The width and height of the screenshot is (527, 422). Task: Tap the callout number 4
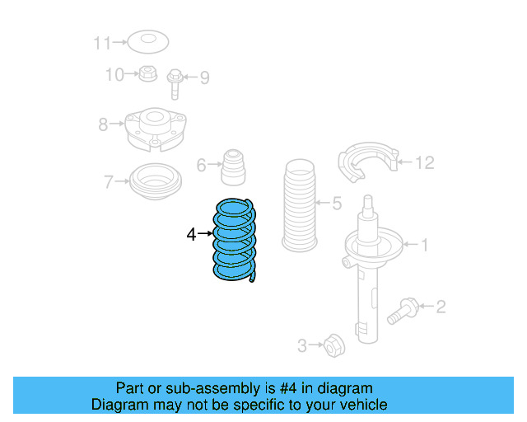191,235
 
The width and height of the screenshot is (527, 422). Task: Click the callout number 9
203,78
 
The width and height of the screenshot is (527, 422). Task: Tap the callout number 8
103,125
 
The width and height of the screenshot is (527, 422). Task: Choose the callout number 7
108,181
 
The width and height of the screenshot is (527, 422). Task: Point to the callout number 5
336,203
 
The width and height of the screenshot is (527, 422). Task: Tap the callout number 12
423,162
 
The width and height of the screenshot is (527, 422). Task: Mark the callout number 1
425,244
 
